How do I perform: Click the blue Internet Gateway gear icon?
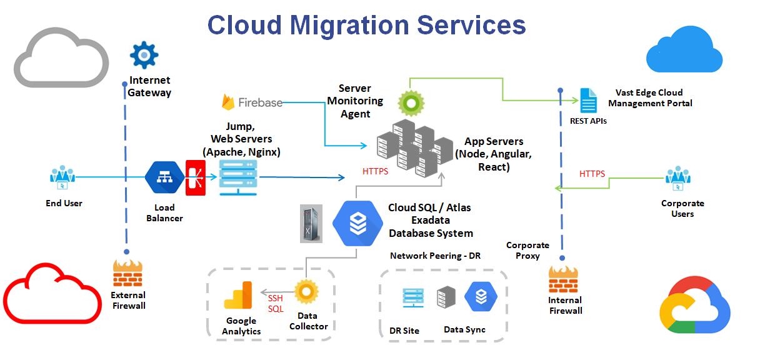(x=144, y=55)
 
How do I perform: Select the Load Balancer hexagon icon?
(x=164, y=178)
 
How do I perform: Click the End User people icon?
(x=62, y=177)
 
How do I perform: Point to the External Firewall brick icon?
(x=127, y=274)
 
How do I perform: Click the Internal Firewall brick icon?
(x=563, y=279)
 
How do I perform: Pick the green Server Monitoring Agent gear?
(x=411, y=102)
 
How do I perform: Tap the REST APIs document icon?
(x=588, y=101)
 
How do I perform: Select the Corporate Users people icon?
(x=678, y=178)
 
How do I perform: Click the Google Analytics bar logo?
(x=237, y=296)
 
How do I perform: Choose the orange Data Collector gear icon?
(x=307, y=291)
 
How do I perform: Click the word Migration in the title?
(x=351, y=25)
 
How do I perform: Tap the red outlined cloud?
(x=52, y=293)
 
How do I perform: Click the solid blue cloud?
(x=684, y=50)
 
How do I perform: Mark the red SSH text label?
(x=276, y=298)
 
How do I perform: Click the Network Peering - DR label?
(x=435, y=256)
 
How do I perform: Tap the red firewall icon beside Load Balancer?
(x=195, y=178)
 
